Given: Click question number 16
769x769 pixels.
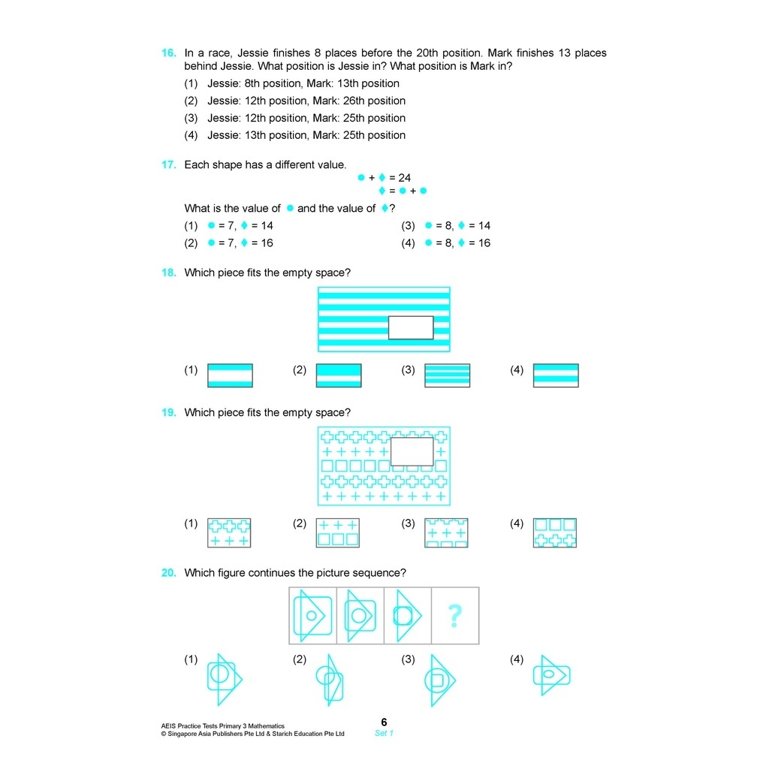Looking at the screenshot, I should click(x=169, y=53).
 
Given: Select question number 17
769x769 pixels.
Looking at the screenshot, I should click(x=169, y=165).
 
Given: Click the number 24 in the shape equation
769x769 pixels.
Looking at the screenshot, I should click(x=405, y=178).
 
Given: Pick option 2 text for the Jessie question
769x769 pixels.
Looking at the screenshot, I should click(x=306, y=101).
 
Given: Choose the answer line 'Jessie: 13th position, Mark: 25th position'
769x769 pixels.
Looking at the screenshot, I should click(x=306, y=135).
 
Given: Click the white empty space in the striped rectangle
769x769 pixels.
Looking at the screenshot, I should click(x=411, y=327).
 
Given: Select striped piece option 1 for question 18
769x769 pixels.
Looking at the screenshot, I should click(x=230, y=375).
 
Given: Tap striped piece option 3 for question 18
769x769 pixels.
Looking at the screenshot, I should click(x=448, y=375).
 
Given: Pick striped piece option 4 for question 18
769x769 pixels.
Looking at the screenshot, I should click(x=556, y=375).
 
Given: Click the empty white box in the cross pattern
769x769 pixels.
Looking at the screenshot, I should click(x=412, y=451).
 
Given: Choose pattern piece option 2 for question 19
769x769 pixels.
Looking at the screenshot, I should click(x=338, y=532).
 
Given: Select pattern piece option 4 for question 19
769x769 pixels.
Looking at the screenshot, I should click(x=555, y=532).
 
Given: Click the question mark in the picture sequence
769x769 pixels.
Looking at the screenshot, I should click(x=454, y=616).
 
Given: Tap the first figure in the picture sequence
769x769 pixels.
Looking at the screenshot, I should click(x=312, y=616).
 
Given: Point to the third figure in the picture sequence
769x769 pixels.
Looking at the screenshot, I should click(x=407, y=616).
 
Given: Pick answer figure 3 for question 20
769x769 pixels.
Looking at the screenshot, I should click(x=439, y=680).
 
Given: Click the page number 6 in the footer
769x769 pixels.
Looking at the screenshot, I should click(x=384, y=722).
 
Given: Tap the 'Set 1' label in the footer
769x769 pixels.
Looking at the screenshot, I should click(x=384, y=733).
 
